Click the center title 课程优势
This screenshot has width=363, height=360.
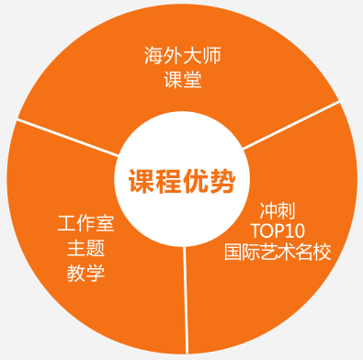tap(181, 178)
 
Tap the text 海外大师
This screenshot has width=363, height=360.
tap(183, 56)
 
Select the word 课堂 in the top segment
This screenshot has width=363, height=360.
tap(183, 79)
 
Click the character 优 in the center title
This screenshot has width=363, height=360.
tap(195, 178)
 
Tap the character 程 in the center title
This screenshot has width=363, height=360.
tap(167, 178)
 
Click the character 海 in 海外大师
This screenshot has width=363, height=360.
tap(153, 56)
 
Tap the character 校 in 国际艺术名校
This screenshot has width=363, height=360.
tap(321, 252)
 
